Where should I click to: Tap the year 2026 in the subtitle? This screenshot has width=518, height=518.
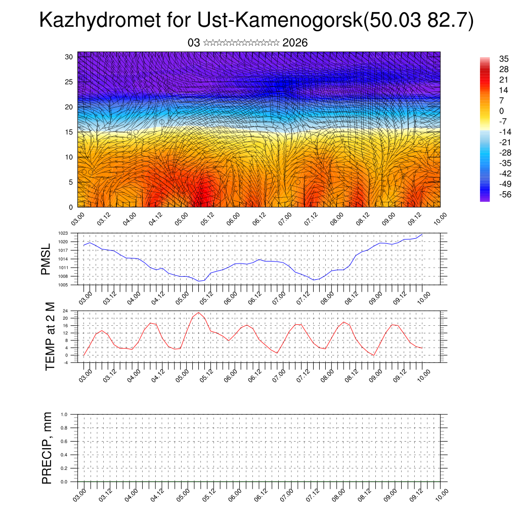coord(295,43)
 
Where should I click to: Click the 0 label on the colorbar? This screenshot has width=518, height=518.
coord(501,111)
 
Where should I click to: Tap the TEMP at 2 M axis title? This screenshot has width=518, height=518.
coord(50,336)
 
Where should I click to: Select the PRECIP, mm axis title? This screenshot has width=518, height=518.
coord(47,448)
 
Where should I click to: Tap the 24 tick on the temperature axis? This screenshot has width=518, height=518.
coord(65,311)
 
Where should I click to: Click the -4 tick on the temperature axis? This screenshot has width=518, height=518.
coord(65,363)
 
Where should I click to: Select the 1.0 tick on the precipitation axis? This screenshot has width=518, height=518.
coord(64,414)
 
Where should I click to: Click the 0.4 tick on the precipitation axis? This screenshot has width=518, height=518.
coord(64,455)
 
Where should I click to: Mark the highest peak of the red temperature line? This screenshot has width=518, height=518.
coord(198,313)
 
